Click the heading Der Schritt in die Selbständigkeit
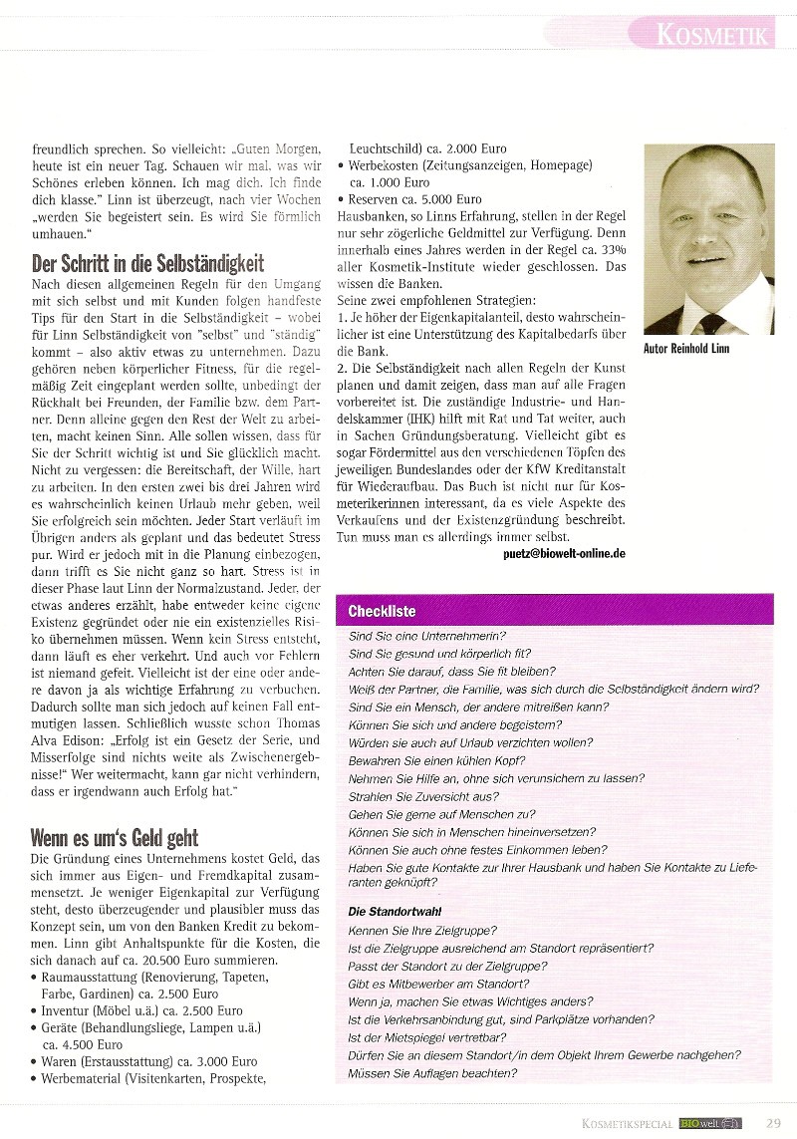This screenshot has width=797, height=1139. click(147, 263)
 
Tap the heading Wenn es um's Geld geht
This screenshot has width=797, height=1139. click(115, 837)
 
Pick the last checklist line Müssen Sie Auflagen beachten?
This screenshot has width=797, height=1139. click(432, 1072)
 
